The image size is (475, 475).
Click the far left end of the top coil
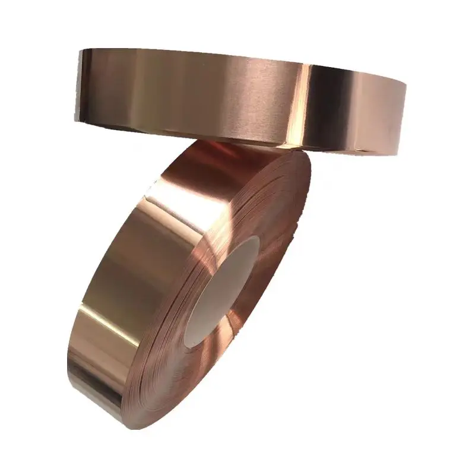coord(79,83)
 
